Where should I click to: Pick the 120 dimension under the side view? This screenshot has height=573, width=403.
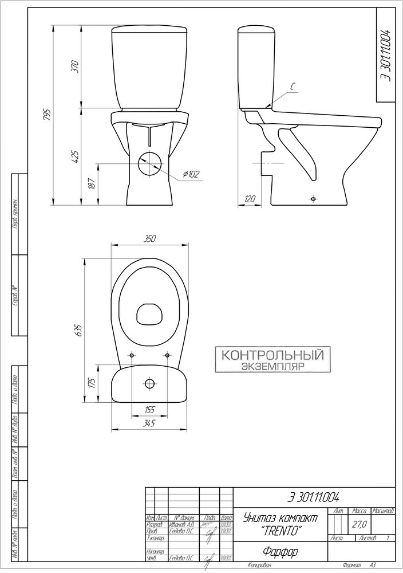pyautogui.click(x=250, y=199)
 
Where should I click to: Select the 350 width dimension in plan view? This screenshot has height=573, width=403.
pyautogui.click(x=150, y=240)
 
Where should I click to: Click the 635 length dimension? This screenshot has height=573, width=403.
pyautogui.click(x=79, y=330)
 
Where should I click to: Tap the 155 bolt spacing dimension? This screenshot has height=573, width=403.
pyautogui.click(x=149, y=409)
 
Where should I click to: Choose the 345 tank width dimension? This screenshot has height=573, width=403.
pyautogui.click(x=149, y=423)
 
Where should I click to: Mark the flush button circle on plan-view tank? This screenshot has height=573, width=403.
pyautogui.click(x=150, y=383)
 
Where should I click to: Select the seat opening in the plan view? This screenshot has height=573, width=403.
pyautogui.click(x=150, y=313)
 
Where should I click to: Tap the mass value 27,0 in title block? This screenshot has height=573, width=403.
pyautogui.click(x=359, y=524)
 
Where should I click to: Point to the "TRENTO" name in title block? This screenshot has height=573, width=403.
pyautogui.click(x=280, y=531)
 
